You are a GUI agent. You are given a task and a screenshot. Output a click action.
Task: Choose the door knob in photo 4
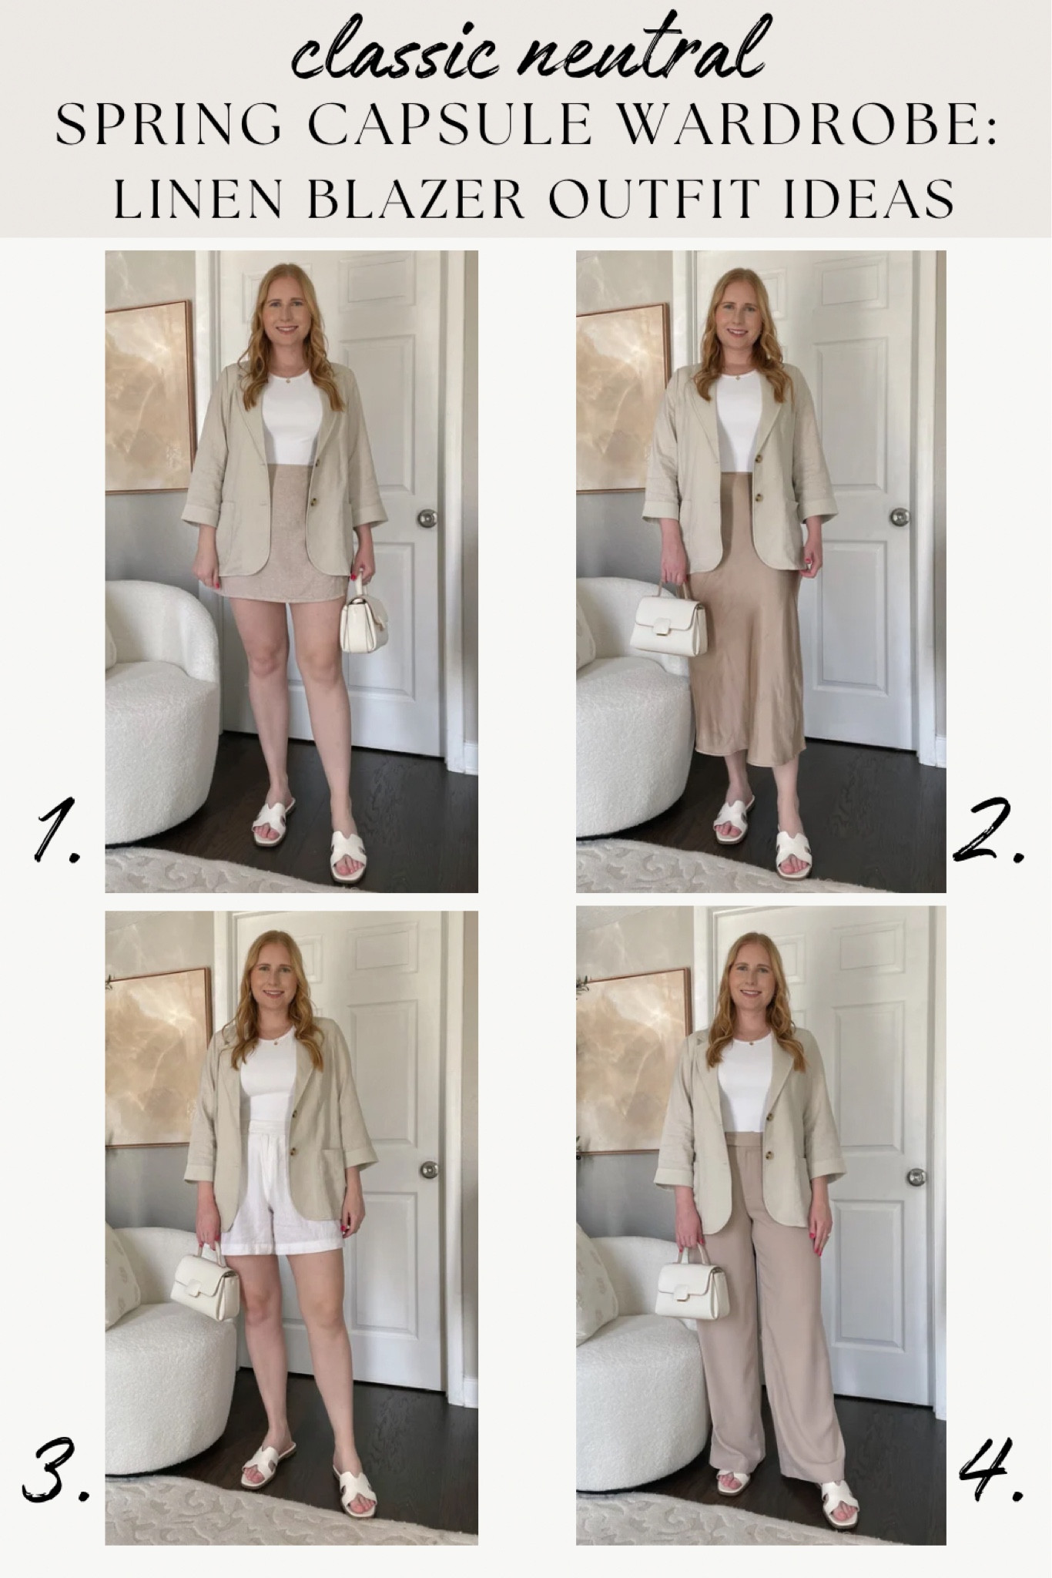point(915,1177)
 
